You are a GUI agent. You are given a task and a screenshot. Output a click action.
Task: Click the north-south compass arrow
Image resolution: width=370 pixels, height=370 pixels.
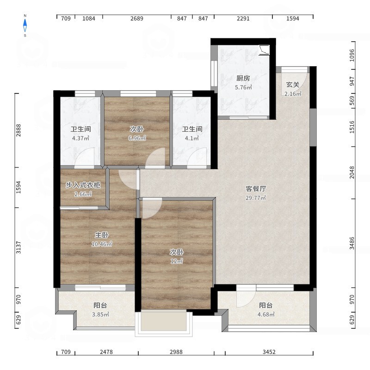tap(25, 25)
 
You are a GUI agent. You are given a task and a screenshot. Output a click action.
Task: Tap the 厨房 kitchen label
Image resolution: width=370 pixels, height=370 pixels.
tap(243, 78)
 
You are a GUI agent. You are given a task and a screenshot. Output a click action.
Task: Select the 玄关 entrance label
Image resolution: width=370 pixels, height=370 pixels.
tap(293, 85)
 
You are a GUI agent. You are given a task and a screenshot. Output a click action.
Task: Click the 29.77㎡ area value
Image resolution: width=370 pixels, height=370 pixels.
tap(256, 198)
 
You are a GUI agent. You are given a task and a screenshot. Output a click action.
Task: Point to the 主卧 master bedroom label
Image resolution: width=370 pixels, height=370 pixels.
tap(102, 235)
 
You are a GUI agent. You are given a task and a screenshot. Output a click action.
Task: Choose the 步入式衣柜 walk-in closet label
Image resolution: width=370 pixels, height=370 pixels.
tap(83, 185)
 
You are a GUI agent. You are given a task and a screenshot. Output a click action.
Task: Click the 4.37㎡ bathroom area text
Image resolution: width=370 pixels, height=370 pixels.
tap(80, 138)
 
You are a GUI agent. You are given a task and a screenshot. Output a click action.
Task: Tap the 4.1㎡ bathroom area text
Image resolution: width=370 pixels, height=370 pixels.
tap(192, 138)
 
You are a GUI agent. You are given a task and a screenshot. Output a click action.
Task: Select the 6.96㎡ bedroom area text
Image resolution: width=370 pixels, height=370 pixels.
tap(137, 138)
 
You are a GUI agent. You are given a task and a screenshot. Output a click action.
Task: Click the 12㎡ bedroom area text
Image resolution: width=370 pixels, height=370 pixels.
tap(177, 261)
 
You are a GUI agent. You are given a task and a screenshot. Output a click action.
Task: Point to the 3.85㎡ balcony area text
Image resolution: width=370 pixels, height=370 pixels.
tap(100, 314)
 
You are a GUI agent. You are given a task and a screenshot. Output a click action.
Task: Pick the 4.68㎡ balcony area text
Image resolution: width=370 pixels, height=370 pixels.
tap(266, 314)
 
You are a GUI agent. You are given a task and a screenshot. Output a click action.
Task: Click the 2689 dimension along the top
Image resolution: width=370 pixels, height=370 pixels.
tap(137, 18)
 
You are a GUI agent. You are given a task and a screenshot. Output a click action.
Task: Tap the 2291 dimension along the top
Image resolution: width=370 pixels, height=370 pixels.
tap(243, 18)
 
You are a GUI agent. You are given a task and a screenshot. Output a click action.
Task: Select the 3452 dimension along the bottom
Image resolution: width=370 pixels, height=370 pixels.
tap(269, 352)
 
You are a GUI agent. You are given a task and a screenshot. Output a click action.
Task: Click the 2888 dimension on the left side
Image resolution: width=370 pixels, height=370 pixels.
tap(18, 130)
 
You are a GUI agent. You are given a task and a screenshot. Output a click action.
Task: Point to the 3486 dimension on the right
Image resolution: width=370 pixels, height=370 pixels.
tap(352, 243)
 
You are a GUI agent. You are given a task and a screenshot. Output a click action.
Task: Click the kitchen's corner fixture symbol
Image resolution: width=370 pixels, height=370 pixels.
tap(264, 50)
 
